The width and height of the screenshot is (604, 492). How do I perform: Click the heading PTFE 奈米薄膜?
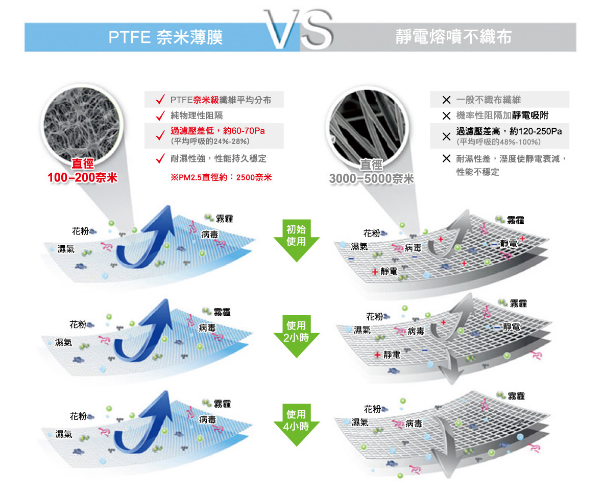165,37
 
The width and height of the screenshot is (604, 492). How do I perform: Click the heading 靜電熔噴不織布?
453,37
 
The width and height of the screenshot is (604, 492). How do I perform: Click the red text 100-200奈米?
82,178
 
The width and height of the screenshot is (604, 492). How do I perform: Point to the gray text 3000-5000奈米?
371,178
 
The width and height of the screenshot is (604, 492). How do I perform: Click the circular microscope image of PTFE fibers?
81,124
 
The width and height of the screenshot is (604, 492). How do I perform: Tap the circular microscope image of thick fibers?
367,126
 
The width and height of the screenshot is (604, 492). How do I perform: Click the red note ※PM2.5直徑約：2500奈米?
221,177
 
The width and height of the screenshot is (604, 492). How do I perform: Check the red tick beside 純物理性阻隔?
160,115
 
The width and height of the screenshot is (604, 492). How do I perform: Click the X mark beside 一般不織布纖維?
446,100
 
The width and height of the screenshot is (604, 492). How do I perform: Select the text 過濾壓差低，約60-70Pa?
218,131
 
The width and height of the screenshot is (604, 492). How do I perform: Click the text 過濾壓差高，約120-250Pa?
509,131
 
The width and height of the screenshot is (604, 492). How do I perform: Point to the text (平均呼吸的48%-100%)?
498,142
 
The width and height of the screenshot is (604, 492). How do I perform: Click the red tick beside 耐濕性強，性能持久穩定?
160,158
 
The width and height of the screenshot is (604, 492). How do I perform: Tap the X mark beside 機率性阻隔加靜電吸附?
446,115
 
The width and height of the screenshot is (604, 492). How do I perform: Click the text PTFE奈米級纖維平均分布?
221,100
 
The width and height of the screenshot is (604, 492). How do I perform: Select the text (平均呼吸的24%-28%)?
210,142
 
